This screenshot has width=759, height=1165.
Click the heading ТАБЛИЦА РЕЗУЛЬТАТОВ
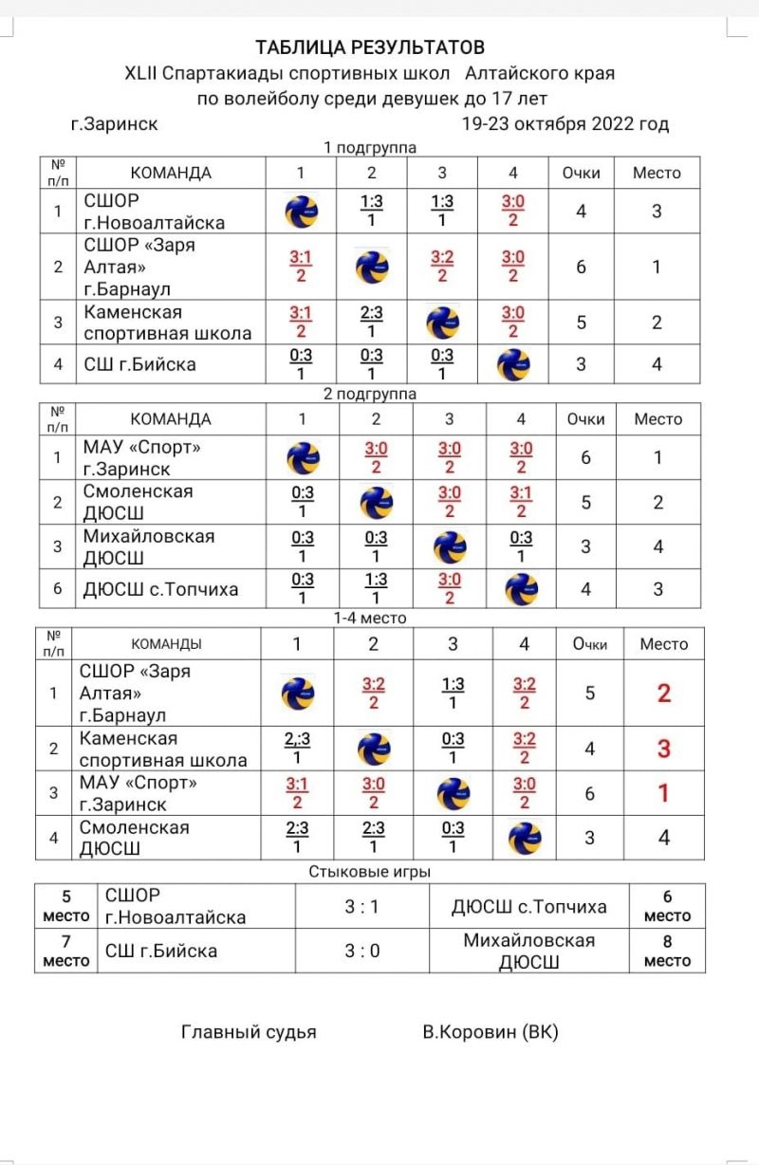click(370, 47)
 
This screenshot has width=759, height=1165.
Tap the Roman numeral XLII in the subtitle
click(142, 73)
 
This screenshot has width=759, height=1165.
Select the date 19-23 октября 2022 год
click(565, 123)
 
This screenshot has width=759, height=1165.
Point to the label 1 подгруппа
click(370, 147)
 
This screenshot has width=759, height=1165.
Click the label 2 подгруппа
click(370, 393)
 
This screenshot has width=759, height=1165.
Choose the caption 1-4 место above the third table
click(370, 618)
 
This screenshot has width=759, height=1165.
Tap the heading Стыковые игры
click(370, 871)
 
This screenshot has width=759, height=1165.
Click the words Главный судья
click(249, 1032)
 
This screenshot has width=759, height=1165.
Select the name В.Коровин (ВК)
click(491, 1032)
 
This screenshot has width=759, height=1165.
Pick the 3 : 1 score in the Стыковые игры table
click(361, 906)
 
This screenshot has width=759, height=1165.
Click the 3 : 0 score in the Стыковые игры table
click(361, 950)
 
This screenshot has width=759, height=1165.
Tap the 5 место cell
click(66, 906)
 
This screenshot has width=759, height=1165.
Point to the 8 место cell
click(668, 950)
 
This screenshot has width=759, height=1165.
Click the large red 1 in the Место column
click(664, 792)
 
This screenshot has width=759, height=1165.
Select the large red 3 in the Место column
click(664, 749)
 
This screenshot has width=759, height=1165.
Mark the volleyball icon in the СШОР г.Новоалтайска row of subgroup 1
click(301, 212)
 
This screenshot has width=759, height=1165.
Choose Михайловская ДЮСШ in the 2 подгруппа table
click(148, 546)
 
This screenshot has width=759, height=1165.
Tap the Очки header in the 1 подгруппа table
click(582, 173)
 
